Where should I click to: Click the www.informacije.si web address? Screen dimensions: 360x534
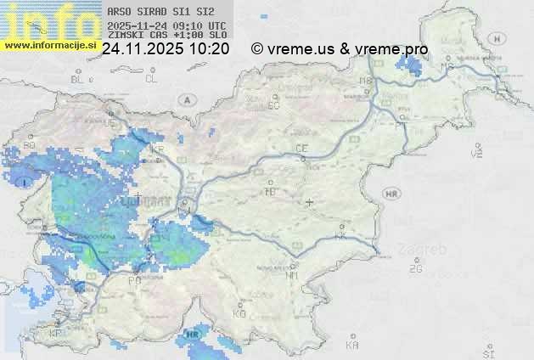tap(52, 45)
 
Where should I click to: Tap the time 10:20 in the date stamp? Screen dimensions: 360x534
tap(208, 49)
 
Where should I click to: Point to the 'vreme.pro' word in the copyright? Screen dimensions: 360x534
tap(396, 49)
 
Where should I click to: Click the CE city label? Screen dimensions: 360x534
tap(301, 149)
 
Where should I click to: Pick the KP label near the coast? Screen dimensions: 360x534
tap(56, 334)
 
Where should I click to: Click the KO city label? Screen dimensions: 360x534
tap(239, 314)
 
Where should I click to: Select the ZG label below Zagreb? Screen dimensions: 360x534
tap(415, 269)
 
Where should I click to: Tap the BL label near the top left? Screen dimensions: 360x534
tap(78, 79)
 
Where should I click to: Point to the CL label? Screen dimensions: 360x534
tap(151, 79)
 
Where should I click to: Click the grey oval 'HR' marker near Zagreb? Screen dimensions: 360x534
tap(392, 194)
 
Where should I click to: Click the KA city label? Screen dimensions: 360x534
tap(352, 346)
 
